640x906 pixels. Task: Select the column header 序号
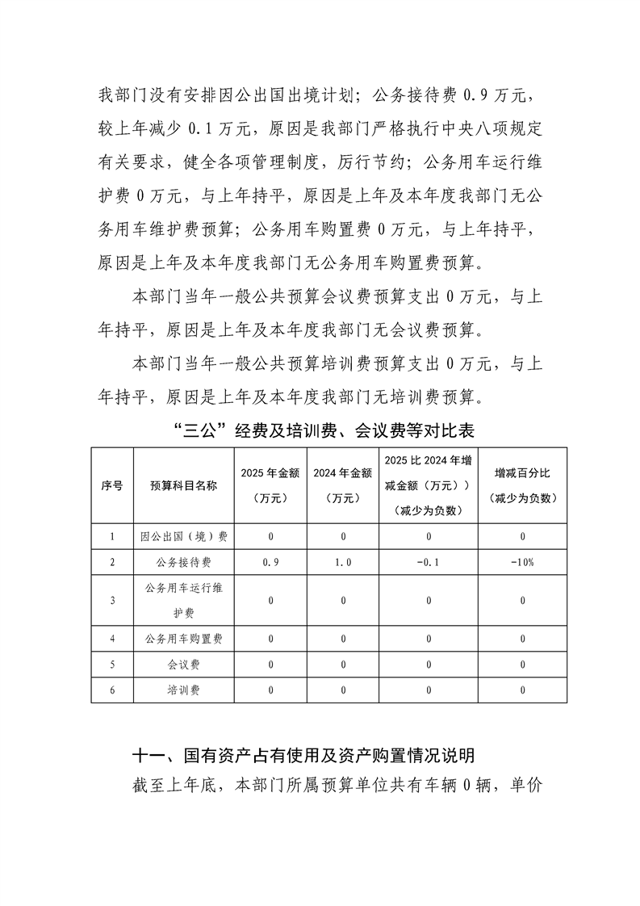112,485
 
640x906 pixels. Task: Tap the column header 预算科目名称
183,485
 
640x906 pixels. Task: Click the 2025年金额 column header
271,485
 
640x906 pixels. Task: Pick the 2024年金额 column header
342,485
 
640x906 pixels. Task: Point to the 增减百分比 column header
523,485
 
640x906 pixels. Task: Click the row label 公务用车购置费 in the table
183,639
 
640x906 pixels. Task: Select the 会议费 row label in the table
183,665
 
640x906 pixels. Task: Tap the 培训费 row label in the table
183,690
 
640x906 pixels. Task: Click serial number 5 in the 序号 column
112,665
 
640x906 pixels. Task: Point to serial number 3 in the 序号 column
112,600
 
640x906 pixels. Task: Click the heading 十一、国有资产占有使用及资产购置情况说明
303,756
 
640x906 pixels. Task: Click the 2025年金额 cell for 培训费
271,690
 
